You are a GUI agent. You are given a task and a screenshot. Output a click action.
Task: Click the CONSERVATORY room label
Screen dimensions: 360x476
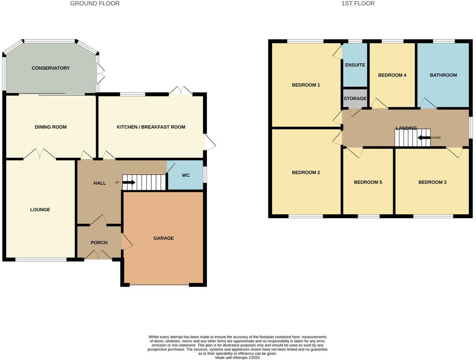50,68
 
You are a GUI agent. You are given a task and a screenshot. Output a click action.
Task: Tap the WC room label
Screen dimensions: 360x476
186,175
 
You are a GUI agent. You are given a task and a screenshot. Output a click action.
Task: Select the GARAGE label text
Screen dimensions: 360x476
163,238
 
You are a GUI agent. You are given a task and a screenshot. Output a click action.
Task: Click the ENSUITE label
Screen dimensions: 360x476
355,65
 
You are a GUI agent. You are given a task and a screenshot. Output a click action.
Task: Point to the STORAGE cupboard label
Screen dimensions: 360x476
355,98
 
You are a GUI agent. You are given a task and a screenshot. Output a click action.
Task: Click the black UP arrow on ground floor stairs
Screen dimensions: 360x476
129,182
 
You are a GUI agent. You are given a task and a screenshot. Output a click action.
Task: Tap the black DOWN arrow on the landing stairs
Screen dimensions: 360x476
424,138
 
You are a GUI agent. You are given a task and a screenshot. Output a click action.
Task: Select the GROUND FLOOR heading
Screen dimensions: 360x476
95,4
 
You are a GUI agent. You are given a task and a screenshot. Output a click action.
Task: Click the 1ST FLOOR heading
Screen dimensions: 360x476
358,4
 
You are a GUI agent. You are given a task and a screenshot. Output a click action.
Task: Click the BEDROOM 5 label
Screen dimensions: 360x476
368,182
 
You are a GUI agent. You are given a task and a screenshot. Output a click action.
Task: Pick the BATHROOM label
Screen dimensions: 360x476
443,75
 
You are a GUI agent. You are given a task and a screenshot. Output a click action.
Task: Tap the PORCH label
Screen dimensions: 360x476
99,243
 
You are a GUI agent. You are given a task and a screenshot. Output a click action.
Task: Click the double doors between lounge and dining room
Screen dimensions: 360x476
39,154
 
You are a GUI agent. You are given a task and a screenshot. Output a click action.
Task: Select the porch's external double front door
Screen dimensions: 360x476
98,255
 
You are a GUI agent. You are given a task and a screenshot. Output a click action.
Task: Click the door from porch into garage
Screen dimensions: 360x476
126,241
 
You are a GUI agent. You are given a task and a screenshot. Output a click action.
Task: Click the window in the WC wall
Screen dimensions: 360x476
205,174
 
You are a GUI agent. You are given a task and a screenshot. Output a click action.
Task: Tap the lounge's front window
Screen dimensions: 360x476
41,259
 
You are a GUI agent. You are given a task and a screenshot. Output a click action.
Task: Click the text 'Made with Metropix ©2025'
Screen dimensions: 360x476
237,358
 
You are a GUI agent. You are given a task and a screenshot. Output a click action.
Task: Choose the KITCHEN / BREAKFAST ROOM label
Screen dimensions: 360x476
151,127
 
